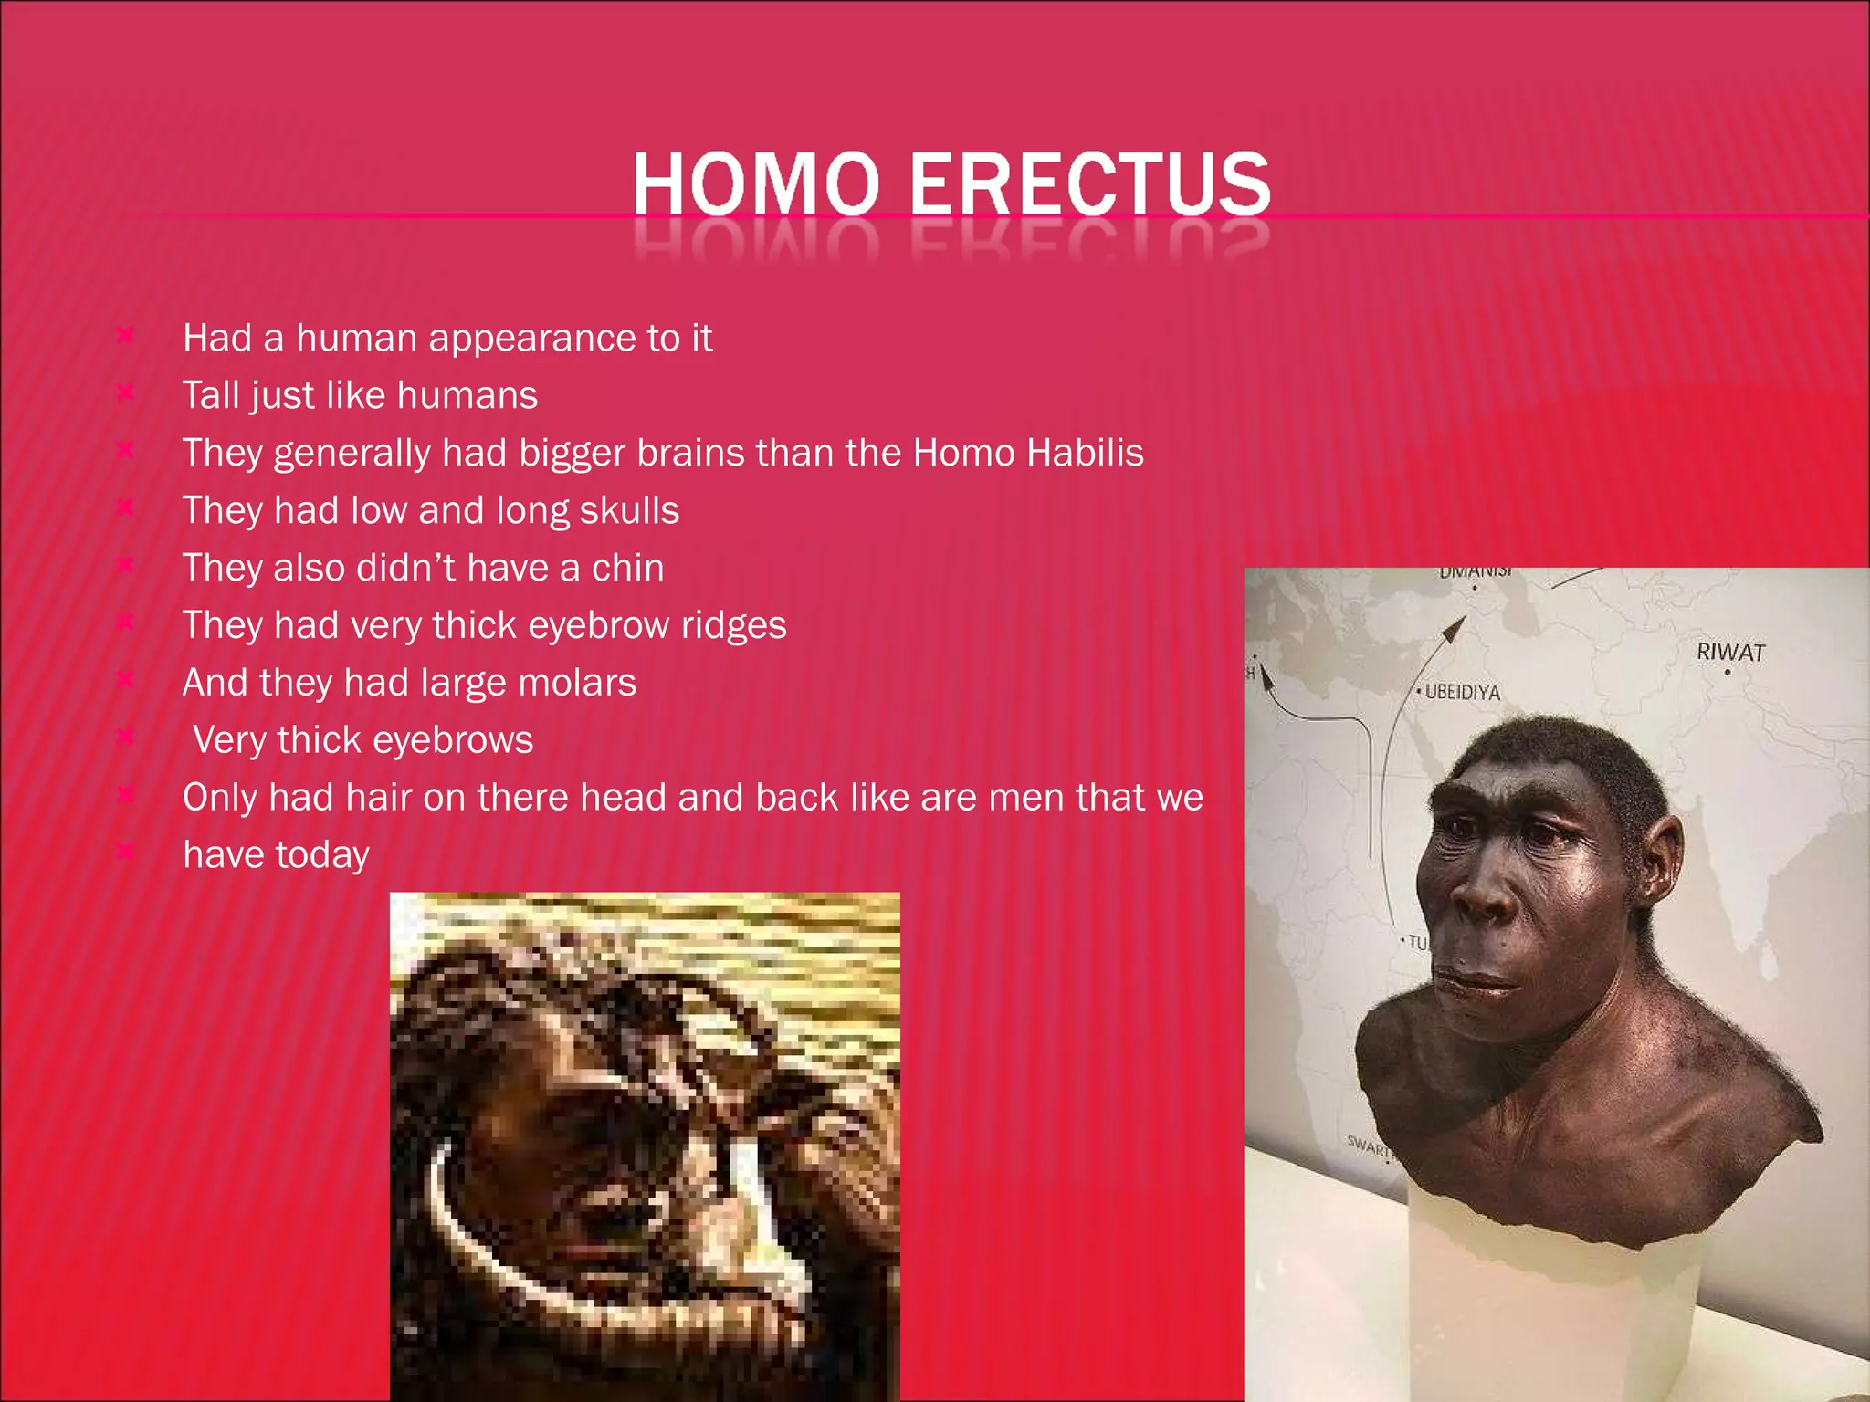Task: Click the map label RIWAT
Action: coord(1730,652)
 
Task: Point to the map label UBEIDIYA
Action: coord(1462,692)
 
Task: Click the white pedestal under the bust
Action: coord(1552,1314)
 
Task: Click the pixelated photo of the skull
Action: coord(645,1146)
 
